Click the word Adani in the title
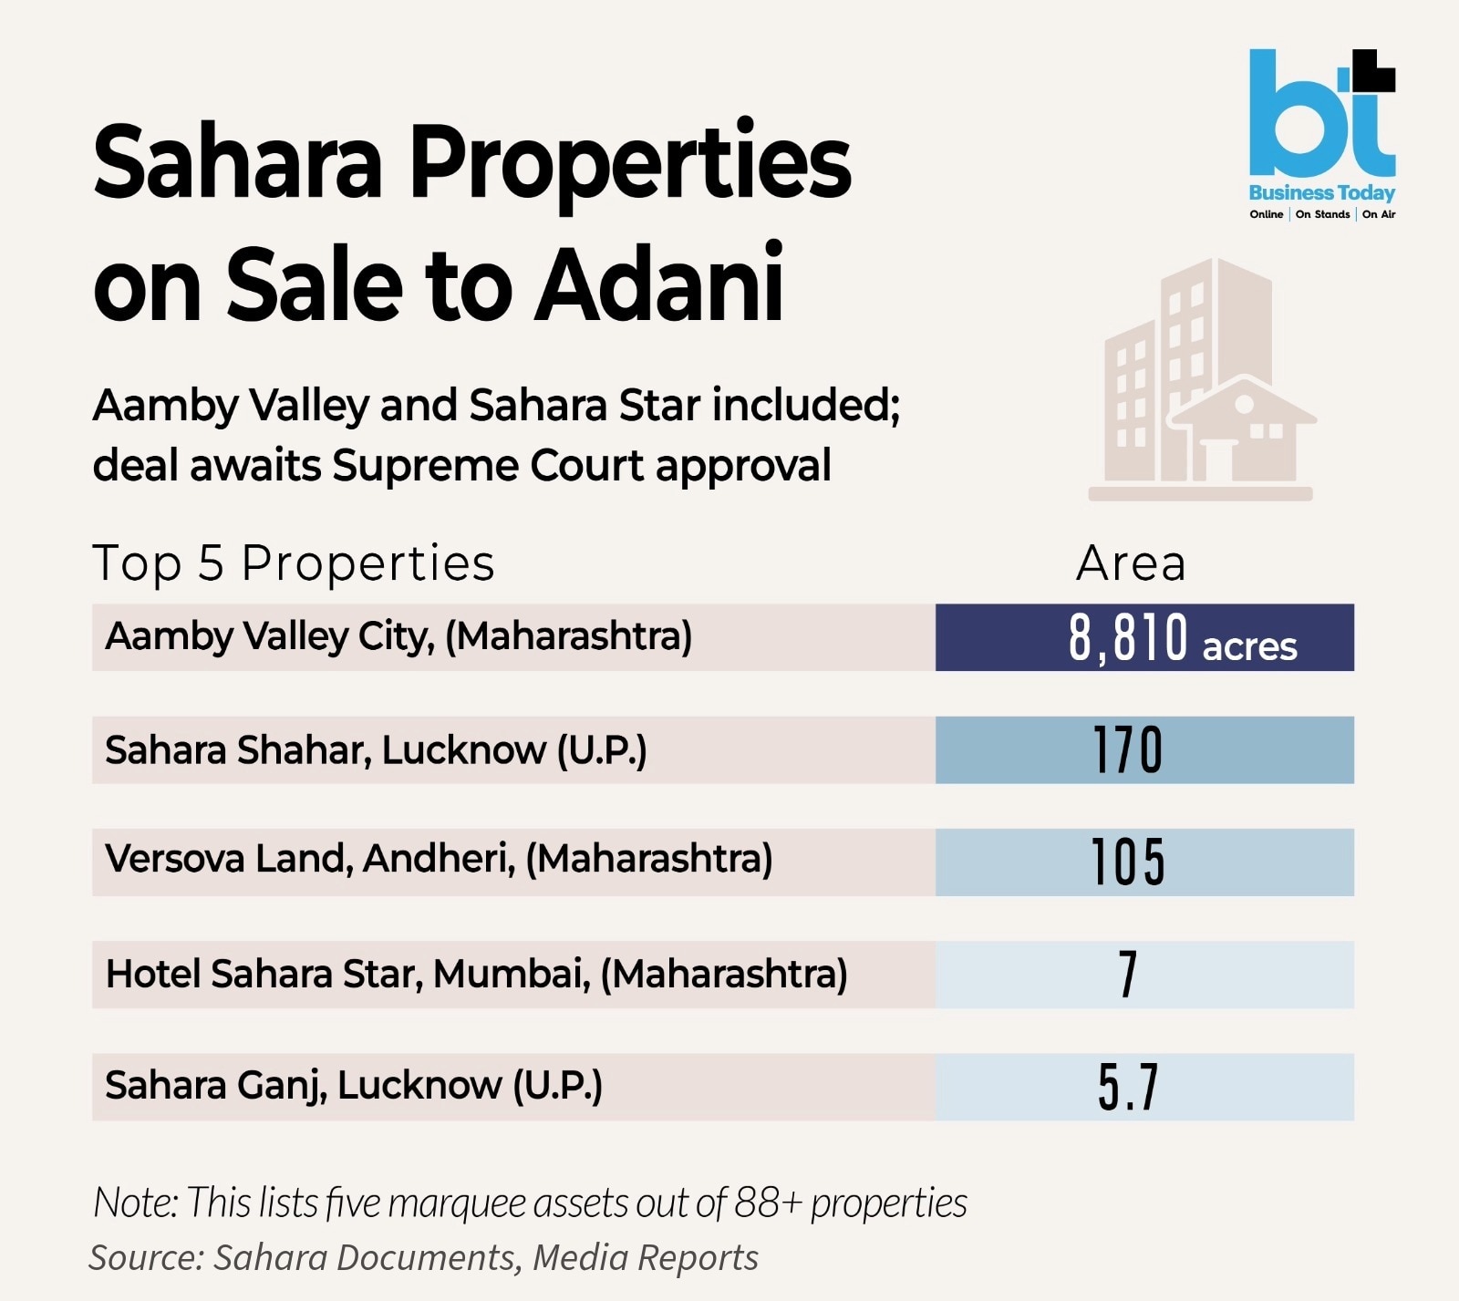coord(658,284)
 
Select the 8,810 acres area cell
coord(1144,637)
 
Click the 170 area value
coord(1128,750)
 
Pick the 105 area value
coord(1128,862)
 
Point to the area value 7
coord(1128,975)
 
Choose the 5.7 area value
coord(1128,1087)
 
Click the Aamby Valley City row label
coord(398,636)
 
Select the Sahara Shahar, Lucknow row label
coord(376,750)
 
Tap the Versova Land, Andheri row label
coord(439,859)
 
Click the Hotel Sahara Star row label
coord(476,974)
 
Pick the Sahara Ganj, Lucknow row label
coord(354,1086)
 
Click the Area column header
coord(1131,563)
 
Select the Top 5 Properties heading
coord(294,563)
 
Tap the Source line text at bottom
coord(424,1257)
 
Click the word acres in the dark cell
coord(1249,646)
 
